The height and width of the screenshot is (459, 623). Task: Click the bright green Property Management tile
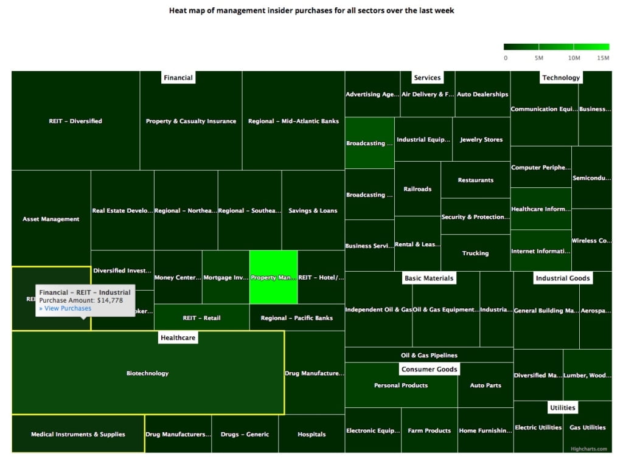pos(273,277)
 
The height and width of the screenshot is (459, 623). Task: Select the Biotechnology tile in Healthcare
pos(147,373)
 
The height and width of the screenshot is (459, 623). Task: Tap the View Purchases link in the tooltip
pos(65,308)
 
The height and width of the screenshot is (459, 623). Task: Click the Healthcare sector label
pos(178,337)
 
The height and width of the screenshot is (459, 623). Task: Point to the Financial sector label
pos(178,77)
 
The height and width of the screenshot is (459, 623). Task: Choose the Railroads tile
pos(417,189)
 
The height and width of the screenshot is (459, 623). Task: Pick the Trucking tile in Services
pos(475,253)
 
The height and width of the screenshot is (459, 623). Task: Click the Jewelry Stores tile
pos(481,139)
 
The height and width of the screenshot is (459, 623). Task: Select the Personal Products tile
pos(401,385)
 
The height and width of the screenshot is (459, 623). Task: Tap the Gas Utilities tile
pos(588,427)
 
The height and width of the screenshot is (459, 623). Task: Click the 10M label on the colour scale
pos(573,58)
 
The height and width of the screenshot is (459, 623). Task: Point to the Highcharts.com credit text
pos(589,449)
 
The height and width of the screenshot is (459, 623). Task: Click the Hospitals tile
pos(311,434)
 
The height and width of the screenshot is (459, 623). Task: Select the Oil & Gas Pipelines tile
pos(429,355)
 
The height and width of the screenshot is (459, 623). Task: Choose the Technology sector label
pos(561,77)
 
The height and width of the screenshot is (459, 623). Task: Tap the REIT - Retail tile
pos(201,318)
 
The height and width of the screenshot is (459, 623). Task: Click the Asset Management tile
pos(51,219)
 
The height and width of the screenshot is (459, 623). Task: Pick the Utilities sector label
pos(562,407)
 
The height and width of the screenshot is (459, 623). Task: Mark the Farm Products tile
pos(429,430)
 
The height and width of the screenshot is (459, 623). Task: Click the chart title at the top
pos(311,10)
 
